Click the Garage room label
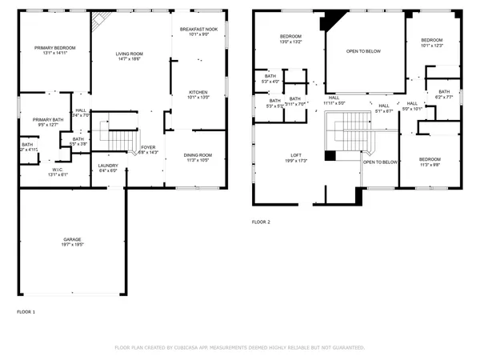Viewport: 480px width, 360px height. (x=73, y=241)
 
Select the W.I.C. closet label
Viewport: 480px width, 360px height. (x=58, y=171)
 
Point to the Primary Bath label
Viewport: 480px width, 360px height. (x=47, y=122)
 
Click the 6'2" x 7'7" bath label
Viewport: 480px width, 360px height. (x=444, y=94)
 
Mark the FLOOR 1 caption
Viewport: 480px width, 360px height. (x=26, y=310)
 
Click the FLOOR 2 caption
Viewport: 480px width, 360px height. (x=262, y=222)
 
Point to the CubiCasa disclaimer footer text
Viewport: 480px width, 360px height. (x=240, y=348)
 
